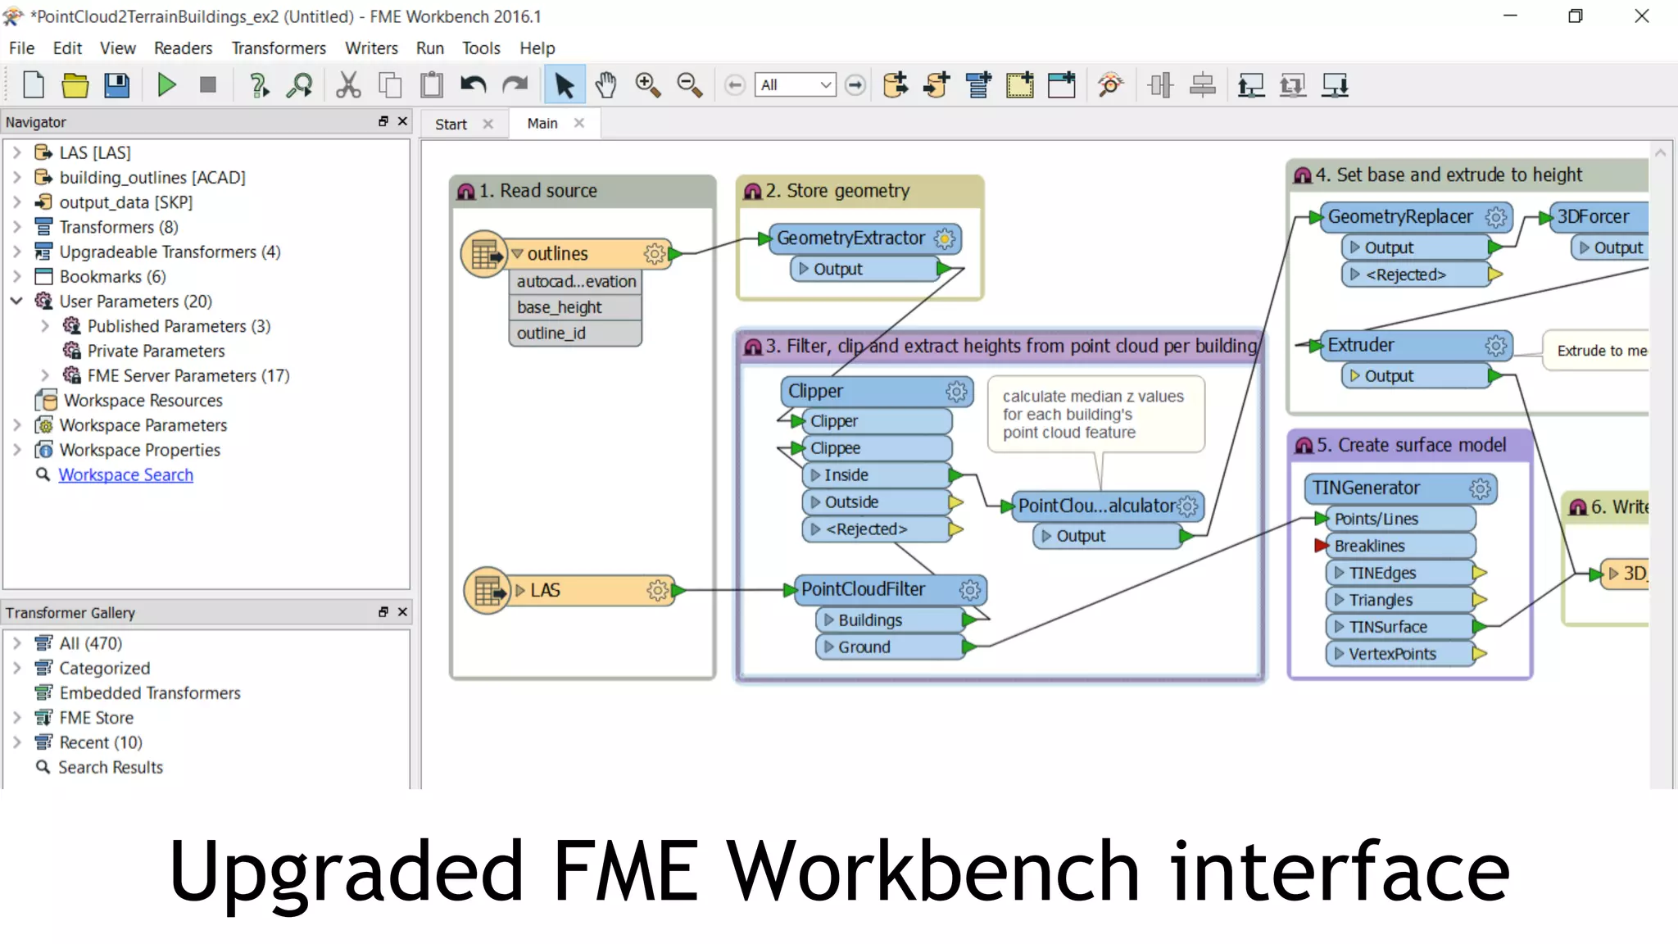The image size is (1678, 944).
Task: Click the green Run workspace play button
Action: (x=166, y=85)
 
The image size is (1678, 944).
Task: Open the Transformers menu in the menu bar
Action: (x=278, y=48)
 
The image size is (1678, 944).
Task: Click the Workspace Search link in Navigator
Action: (x=125, y=475)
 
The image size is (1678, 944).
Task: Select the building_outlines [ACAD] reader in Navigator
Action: (x=152, y=178)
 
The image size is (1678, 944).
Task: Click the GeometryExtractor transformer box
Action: (x=850, y=238)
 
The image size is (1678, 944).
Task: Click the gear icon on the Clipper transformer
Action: (x=956, y=392)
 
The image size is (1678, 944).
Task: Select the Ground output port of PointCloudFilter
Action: (x=864, y=647)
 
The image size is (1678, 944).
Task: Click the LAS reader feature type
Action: (x=545, y=591)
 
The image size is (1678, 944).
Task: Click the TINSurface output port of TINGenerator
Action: (x=1388, y=628)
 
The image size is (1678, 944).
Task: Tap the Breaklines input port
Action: (x=1369, y=547)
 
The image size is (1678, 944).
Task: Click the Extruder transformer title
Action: (x=1360, y=345)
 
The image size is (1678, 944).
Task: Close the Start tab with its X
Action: (x=488, y=124)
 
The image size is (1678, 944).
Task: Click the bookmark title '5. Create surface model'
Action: (x=1411, y=446)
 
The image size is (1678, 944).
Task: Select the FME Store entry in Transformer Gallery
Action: (x=96, y=718)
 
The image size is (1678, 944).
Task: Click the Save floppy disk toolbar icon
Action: (x=117, y=85)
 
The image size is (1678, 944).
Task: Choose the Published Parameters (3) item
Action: (x=179, y=326)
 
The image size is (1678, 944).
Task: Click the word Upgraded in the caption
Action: (x=346, y=871)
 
